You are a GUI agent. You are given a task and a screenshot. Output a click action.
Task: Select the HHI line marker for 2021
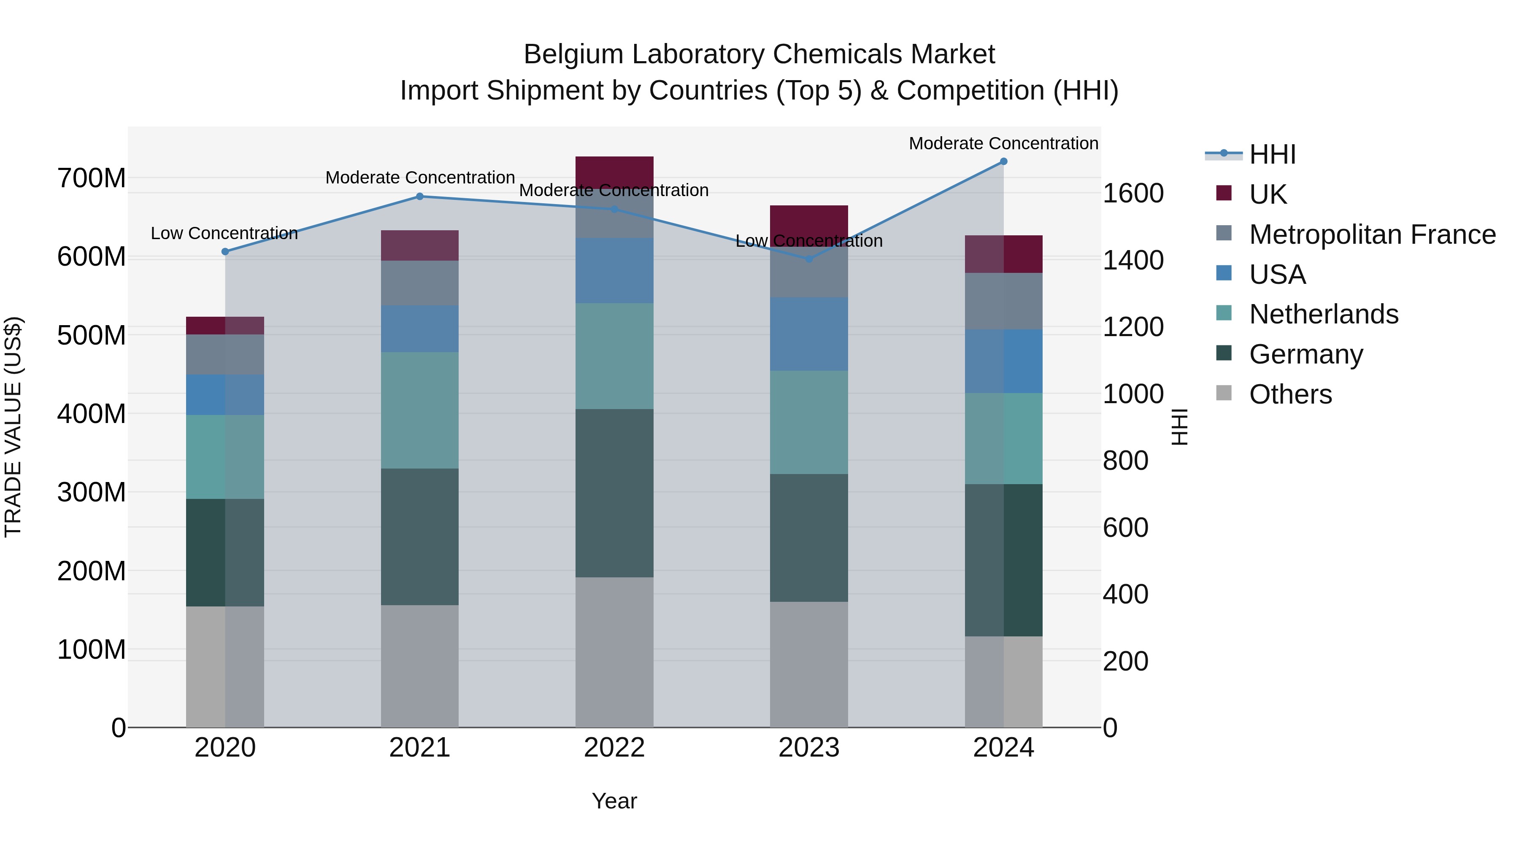tap(420, 196)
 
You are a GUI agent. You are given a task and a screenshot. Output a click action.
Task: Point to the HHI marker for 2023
tap(809, 259)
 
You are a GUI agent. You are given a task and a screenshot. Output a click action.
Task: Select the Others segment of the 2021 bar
tap(420, 666)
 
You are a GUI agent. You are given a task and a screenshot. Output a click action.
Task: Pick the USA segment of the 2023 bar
tap(809, 334)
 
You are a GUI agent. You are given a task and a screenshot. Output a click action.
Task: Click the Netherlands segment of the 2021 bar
tap(420, 410)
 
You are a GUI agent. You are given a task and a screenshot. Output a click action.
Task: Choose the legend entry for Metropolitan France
tap(1372, 234)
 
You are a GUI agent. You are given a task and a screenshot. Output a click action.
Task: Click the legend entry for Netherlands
tap(1323, 314)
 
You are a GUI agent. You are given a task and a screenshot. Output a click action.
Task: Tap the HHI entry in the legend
tap(1272, 154)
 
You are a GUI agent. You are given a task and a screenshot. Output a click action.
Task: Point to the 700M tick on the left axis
tap(92, 178)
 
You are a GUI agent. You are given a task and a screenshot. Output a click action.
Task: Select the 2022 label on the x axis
tap(614, 748)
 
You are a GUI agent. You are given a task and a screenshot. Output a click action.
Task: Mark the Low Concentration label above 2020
tap(224, 233)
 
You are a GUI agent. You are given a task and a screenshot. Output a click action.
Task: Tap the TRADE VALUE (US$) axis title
tap(13, 427)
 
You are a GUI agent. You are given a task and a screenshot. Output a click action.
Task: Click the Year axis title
tap(614, 801)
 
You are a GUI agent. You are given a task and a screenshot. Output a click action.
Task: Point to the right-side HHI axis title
tap(1179, 427)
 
